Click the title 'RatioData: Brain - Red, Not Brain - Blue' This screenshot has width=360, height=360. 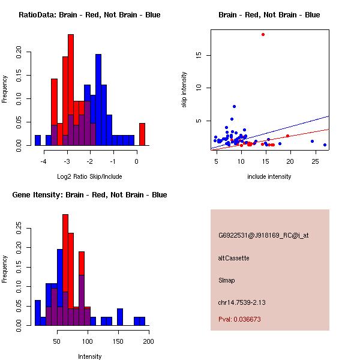tap(89, 15)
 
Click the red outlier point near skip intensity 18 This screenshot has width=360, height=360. tap(263, 34)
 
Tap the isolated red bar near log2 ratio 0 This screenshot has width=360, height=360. tap(142, 134)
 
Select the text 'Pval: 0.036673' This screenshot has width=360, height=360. tap(239, 320)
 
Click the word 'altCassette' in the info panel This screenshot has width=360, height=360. tap(234, 258)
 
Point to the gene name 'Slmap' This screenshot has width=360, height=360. tap(227, 280)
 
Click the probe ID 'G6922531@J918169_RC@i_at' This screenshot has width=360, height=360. tap(263, 236)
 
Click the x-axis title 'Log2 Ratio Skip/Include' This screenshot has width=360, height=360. tap(89, 176)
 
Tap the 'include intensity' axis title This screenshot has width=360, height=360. tap(269, 176)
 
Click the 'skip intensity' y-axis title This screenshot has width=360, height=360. tap(184, 90)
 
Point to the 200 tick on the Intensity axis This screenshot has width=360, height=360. tap(148, 341)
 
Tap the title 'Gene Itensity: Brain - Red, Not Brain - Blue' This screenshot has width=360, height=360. tap(89, 195)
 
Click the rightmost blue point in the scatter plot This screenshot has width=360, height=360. tap(325, 145)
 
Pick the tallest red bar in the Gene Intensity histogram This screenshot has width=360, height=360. tap(65, 270)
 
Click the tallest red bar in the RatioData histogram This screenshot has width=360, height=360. tap(71, 90)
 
